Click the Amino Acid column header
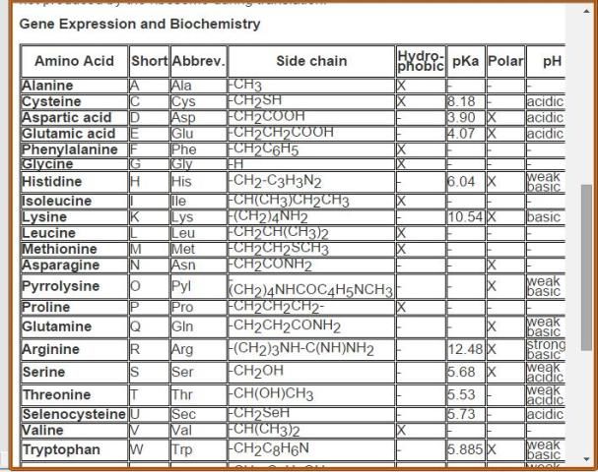click(x=75, y=61)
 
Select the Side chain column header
click(x=310, y=61)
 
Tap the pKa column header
click(x=465, y=61)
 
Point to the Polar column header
click(x=505, y=61)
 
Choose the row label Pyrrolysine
click(x=61, y=286)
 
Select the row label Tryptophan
click(x=59, y=449)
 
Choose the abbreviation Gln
click(x=184, y=326)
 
